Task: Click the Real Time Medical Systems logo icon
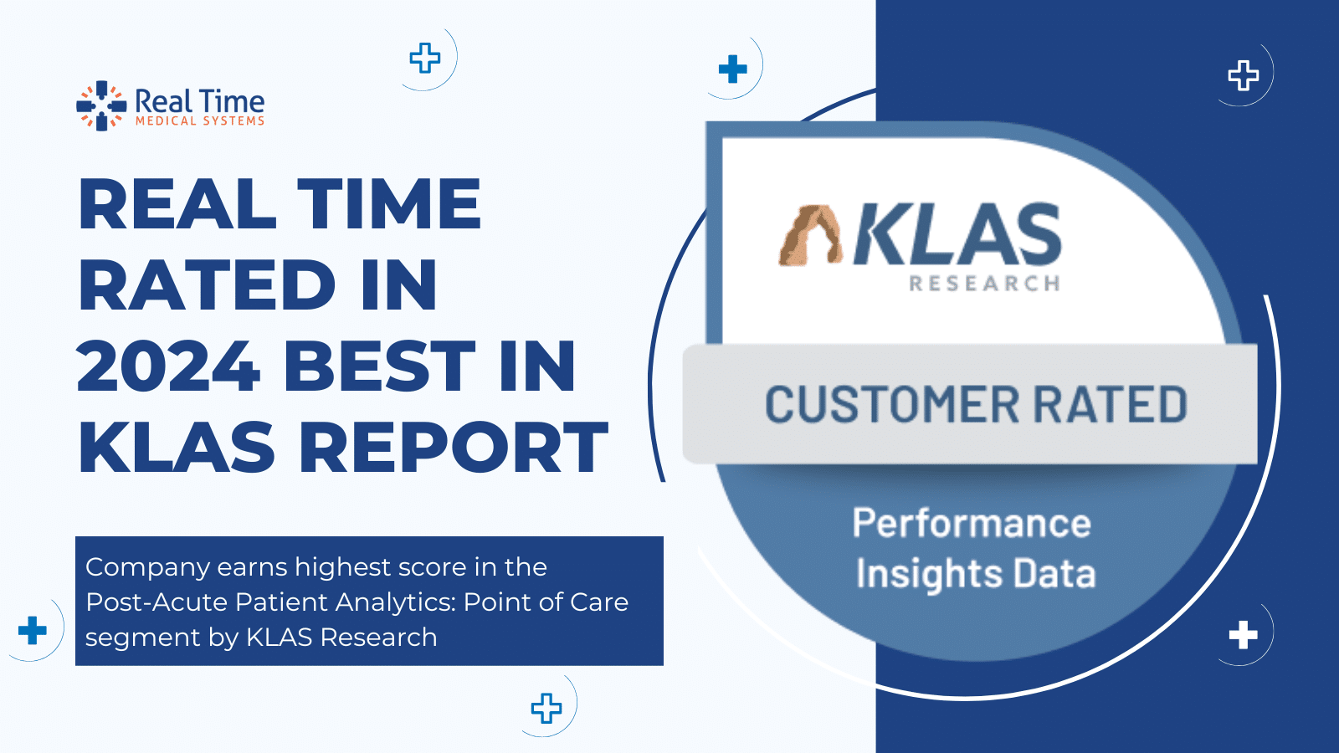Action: (101, 106)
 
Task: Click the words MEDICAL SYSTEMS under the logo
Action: (200, 121)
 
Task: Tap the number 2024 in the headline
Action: (168, 366)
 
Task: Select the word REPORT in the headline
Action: (453, 448)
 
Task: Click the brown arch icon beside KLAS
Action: (809, 235)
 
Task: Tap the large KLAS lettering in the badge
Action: (957, 235)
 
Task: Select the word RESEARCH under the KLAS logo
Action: (984, 284)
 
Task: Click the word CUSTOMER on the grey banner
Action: (892, 405)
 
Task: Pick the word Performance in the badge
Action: (972, 524)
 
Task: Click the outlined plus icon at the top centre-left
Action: (425, 58)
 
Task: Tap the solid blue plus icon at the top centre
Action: (732, 69)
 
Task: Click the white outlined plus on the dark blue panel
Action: (1243, 75)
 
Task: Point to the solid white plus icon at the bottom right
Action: (1243, 635)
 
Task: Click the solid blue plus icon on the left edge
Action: (33, 630)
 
